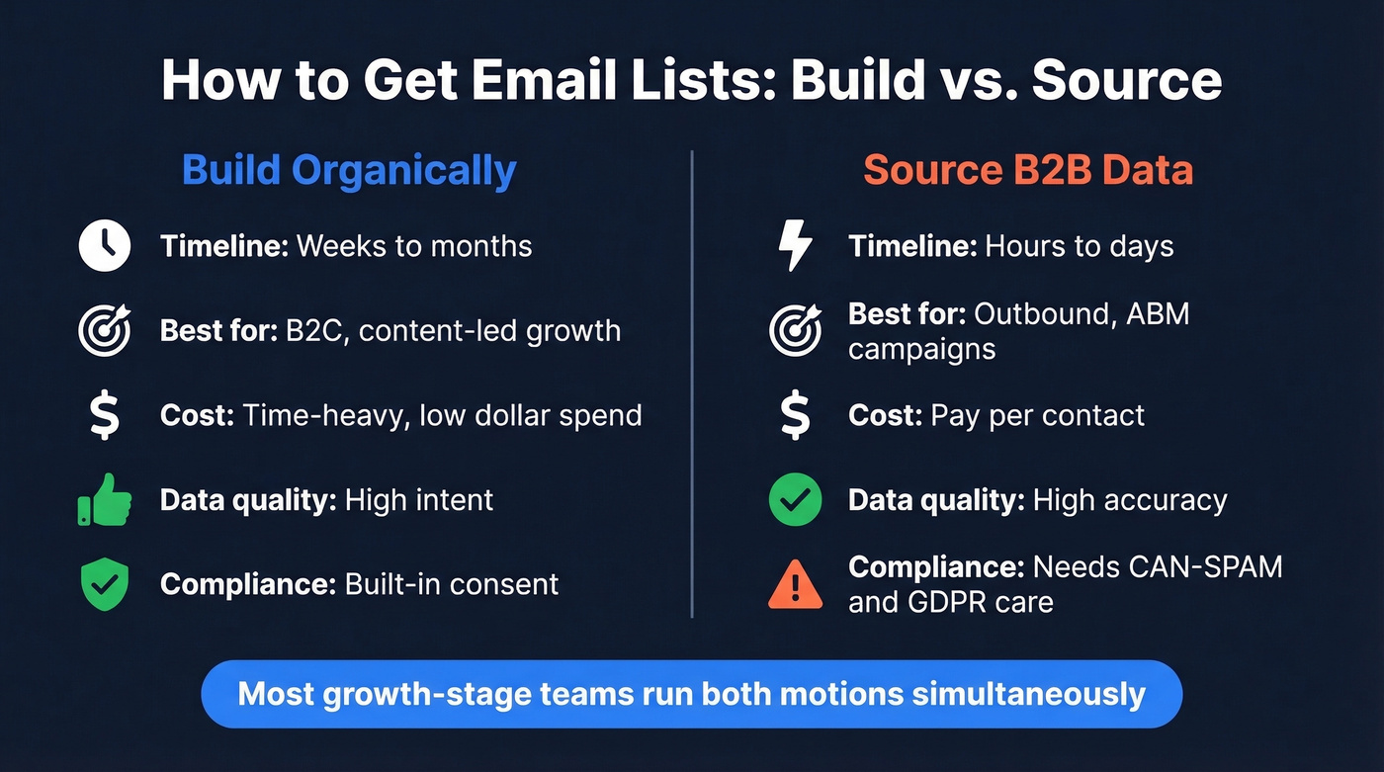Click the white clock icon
pyautogui.click(x=104, y=246)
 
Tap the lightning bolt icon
pyautogui.click(x=795, y=246)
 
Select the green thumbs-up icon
pyautogui.click(x=104, y=500)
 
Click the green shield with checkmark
pyautogui.click(x=104, y=584)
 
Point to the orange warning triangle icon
pyautogui.click(x=795, y=584)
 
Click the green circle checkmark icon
pyautogui.click(x=795, y=500)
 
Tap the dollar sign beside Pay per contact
pyautogui.click(x=795, y=415)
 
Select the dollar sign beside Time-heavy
pyautogui.click(x=104, y=415)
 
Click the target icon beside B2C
pyautogui.click(x=104, y=330)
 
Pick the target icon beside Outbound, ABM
pyautogui.click(x=795, y=330)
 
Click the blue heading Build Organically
pyautogui.click(x=349, y=170)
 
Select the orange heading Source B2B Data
pyautogui.click(x=1028, y=170)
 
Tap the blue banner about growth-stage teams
pyautogui.click(x=691, y=694)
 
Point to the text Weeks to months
pyautogui.click(x=414, y=246)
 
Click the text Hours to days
pyautogui.click(x=1080, y=246)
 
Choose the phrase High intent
pyautogui.click(x=419, y=500)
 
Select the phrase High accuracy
pyautogui.click(x=1130, y=500)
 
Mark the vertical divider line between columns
pyautogui.click(x=692, y=386)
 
